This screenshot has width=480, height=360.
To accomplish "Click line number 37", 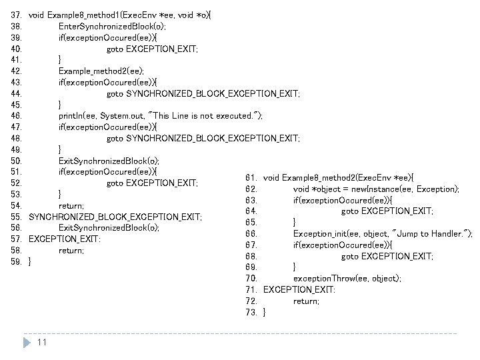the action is tap(17, 14).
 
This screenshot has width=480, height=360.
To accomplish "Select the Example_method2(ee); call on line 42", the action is tap(96, 70).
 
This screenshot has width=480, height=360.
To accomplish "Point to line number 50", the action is tap(17, 160).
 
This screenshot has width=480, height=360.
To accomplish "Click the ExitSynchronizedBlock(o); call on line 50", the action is tap(109, 160).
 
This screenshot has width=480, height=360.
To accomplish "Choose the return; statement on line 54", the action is tap(71, 205).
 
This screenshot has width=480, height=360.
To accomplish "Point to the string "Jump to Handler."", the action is tap(432, 233).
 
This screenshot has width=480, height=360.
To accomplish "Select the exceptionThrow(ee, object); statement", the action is tap(347, 278).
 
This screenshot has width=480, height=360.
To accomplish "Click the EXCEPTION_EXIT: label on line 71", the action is tap(299, 289).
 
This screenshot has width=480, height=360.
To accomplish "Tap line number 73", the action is tap(251, 312).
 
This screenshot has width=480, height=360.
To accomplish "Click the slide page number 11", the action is tap(42, 343).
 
